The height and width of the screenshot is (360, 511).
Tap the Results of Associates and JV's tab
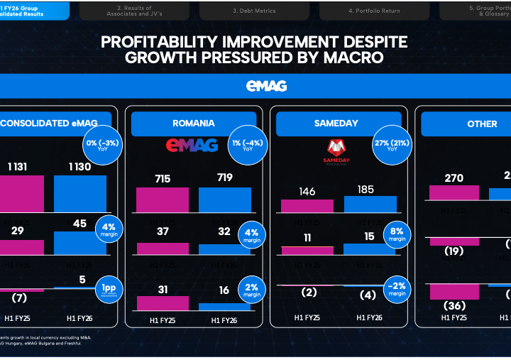pyautogui.click(x=128, y=11)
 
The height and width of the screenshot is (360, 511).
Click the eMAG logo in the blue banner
pyautogui.click(x=266, y=86)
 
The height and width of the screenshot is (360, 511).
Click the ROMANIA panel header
pyautogui.click(x=193, y=124)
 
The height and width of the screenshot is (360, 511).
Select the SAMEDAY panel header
pyautogui.click(x=336, y=124)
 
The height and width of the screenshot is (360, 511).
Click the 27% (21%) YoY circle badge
pyautogui.click(x=390, y=145)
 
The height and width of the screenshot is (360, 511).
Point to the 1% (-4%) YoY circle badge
pyautogui.click(x=248, y=145)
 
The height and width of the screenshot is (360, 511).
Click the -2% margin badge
pyautogui.click(x=397, y=289)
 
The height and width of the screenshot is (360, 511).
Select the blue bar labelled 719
pyautogui.click(x=224, y=200)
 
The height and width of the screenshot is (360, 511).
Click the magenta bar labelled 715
pyautogui.click(x=163, y=200)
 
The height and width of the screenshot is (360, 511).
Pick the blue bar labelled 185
pyautogui.click(x=370, y=204)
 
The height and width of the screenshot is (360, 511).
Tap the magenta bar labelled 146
pyautogui.click(x=307, y=206)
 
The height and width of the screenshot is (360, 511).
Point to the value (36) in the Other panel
pyautogui.click(x=454, y=306)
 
